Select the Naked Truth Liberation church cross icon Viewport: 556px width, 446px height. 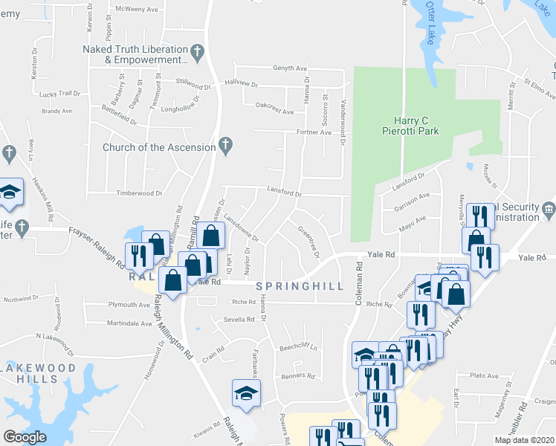pos(197,53)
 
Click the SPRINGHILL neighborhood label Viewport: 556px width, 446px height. pos(300,286)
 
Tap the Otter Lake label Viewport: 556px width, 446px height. pos(430,22)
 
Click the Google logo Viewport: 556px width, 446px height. pos(24,437)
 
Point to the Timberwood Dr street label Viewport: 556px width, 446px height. pos(139,193)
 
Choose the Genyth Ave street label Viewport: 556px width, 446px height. pos(290,68)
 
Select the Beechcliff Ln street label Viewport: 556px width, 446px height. pos(298,347)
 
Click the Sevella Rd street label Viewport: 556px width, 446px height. pos(239,320)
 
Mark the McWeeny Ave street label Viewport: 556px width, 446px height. pos(140,10)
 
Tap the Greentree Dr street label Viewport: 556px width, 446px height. pos(308,242)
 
